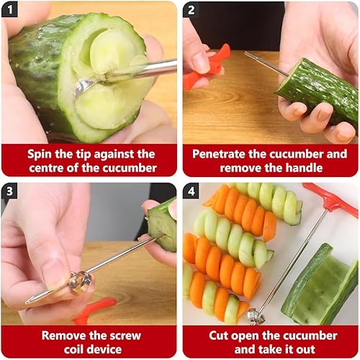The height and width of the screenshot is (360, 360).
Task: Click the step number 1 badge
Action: (x=9, y=9)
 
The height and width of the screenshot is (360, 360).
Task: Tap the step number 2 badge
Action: (x=191, y=9)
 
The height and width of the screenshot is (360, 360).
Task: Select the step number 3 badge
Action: (x=9, y=191)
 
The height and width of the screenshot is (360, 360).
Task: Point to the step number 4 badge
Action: (x=191, y=191)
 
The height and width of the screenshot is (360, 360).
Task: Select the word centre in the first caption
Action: (x=46, y=168)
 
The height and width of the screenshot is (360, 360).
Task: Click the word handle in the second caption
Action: (x=304, y=168)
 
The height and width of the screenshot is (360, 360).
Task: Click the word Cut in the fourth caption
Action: (x=218, y=336)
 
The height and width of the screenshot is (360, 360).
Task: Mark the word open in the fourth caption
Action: (x=245, y=336)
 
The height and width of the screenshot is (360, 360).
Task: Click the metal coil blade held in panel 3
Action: (x=81, y=282)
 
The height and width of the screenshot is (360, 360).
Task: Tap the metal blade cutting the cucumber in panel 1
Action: (x=84, y=88)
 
